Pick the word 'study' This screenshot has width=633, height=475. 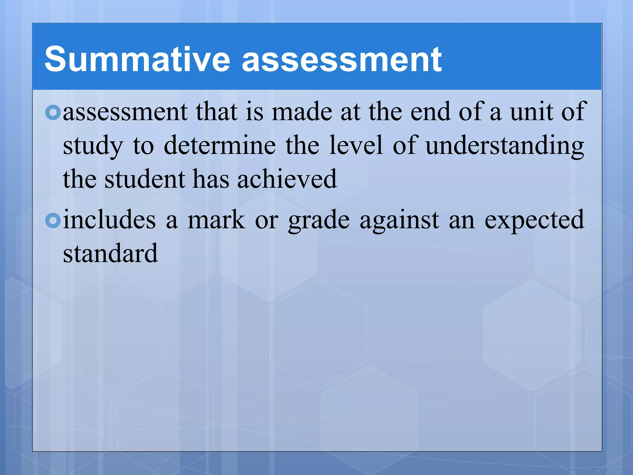click(93, 146)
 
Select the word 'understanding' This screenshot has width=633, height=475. click(505, 146)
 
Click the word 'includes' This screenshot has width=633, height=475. click(109, 220)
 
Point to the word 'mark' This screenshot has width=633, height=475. click(216, 220)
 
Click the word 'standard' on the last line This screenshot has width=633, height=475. click(110, 254)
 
